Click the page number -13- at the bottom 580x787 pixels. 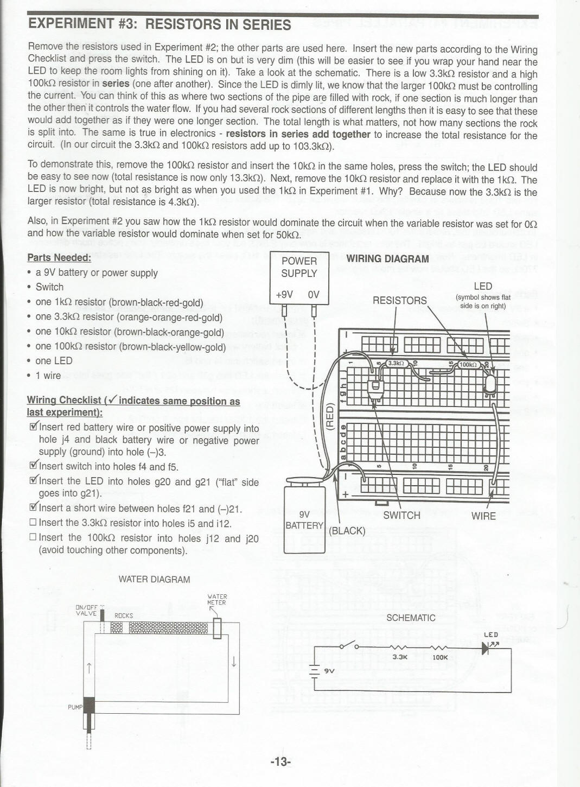(x=281, y=761)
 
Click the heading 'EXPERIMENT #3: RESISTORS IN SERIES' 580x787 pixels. (x=160, y=24)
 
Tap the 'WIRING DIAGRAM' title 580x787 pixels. (x=387, y=259)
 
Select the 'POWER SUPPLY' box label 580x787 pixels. (x=299, y=267)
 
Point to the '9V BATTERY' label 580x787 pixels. (x=304, y=520)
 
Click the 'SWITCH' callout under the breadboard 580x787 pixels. (x=401, y=515)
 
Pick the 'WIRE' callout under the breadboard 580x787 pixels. (x=483, y=516)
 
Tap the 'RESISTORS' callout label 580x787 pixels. (x=399, y=300)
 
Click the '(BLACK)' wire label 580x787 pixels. (x=347, y=530)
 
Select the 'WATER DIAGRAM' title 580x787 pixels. (x=154, y=579)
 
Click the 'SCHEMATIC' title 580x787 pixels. (x=411, y=618)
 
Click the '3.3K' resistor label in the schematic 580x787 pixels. (x=400, y=657)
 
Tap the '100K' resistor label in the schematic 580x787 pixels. (x=440, y=657)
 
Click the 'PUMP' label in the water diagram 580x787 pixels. (x=74, y=707)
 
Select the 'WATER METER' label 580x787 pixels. (x=217, y=599)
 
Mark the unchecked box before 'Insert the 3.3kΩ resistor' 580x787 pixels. (x=33, y=523)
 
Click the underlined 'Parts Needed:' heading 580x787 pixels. (x=59, y=257)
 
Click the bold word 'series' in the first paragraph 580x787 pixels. (x=116, y=84)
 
